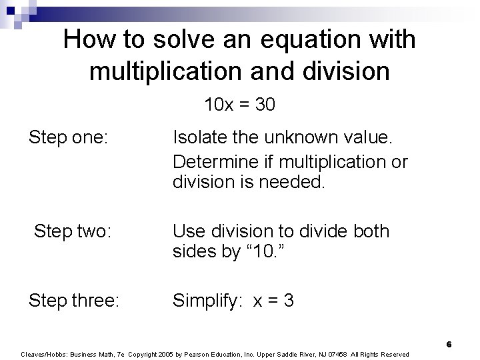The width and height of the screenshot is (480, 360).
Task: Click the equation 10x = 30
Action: [240, 105]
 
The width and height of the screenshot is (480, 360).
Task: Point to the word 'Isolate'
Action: [199, 138]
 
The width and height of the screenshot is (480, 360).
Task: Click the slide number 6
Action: [449, 344]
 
